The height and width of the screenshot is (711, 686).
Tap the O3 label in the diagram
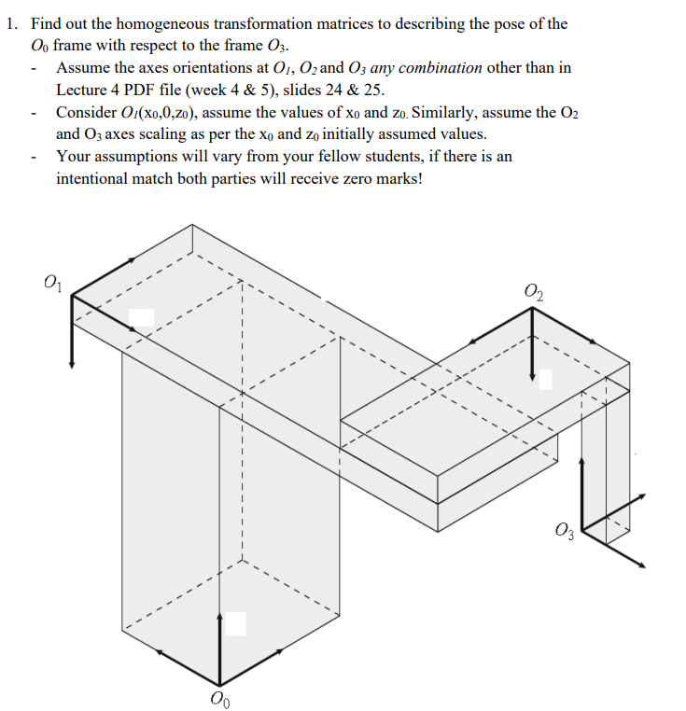563,533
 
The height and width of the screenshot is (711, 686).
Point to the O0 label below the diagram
219,698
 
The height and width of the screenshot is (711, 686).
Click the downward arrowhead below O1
71,363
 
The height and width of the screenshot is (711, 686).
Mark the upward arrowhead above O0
220,617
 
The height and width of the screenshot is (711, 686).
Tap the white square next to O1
142,317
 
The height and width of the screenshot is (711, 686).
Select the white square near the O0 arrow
235,623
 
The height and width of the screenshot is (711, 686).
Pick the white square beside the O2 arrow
545,378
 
